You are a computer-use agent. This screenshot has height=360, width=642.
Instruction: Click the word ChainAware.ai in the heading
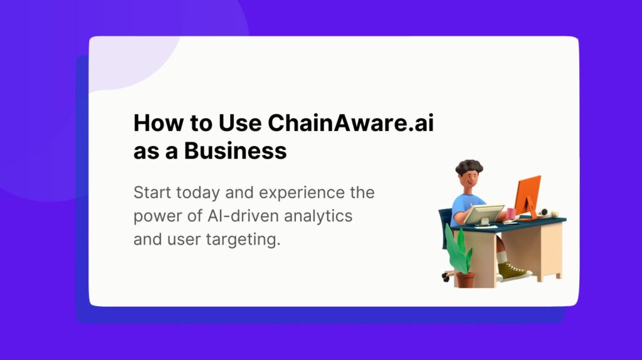click(351, 123)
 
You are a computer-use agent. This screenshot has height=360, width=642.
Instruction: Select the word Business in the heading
click(235, 151)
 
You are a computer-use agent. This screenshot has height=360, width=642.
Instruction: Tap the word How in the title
click(154, 123)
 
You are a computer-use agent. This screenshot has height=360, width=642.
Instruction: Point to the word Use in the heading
click(240, 123)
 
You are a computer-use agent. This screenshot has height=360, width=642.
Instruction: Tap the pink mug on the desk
click(510, 213)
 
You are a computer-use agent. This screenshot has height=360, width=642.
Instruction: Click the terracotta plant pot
click(465, 279)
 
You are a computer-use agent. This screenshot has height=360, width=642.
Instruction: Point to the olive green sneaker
click(512, 272)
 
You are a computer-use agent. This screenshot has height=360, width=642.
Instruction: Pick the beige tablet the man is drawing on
click(484, 213)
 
